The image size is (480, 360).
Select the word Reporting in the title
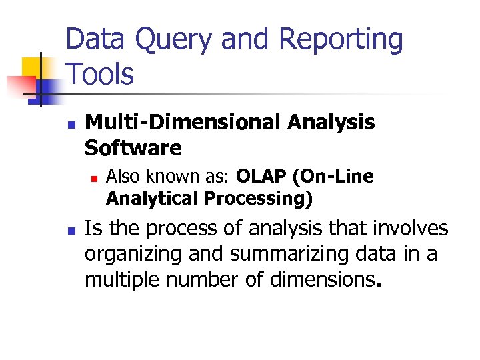click(341, 40)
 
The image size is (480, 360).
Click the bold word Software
click(133, 148)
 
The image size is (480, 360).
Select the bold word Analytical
click(153, 199)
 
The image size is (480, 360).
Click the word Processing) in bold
click(259, 199)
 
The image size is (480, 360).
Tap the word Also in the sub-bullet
click(121, 177)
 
